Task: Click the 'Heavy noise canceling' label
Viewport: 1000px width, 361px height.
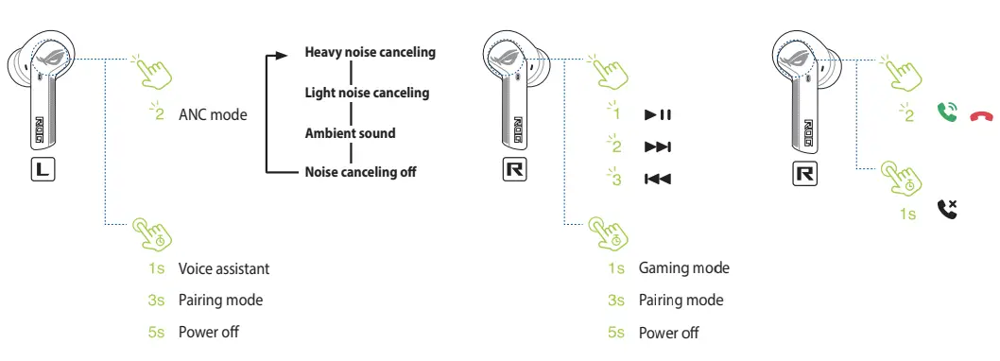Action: click(x=370, y=52)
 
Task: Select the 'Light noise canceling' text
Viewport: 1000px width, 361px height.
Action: click(x=367, y=93)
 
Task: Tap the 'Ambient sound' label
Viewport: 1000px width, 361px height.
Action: click(x=350, y=133)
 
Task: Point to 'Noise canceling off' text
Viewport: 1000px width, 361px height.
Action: click(x=360, y=172)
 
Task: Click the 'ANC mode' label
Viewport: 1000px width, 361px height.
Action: click(x=213, y=115)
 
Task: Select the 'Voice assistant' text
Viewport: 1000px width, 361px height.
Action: click(x=224, y=269)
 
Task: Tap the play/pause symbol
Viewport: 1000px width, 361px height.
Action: click(x=657, y=115)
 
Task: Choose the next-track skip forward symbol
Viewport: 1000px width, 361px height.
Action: click(x=657, y=147)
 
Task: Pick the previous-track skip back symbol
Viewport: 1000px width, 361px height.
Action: click(x=657, y=179)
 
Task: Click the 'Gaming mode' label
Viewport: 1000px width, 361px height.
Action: click(x=684, y=268)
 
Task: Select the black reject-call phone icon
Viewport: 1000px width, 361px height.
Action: click(x=947, y=209)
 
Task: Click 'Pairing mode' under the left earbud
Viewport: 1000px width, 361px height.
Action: click(x=220, y=301)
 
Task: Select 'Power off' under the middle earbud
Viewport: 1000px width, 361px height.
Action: click(x=669, y=333)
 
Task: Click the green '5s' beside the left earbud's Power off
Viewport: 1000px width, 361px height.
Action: click(x=158, y=333)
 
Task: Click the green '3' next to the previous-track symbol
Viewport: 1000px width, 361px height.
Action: click(x=616, y=180)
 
